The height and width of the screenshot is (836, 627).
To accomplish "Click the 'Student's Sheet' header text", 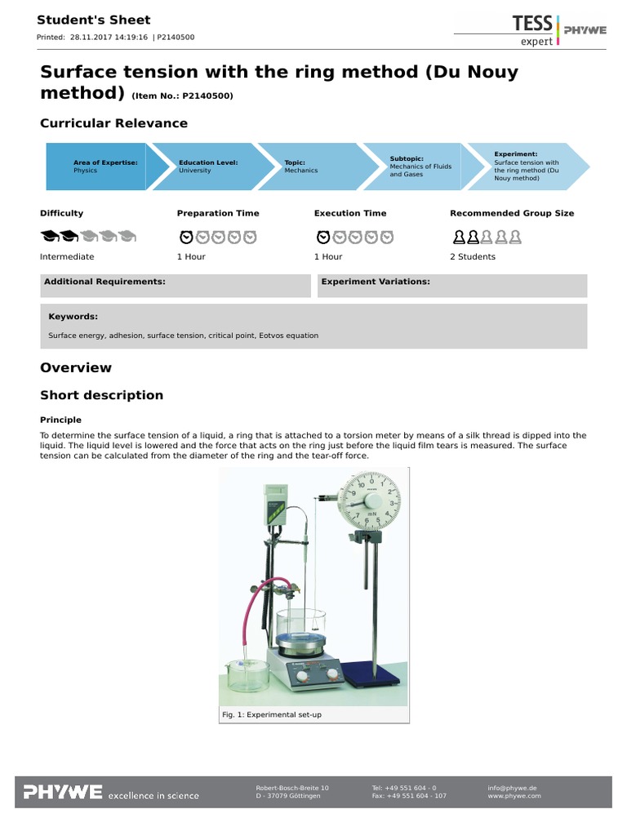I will [x=94, y=20].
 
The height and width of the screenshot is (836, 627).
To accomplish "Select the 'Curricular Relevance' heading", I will [x=113, y=123].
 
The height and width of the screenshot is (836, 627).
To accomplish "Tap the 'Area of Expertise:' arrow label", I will [x=105, y=162].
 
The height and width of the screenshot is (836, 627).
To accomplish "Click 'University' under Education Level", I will [x=195, y=171].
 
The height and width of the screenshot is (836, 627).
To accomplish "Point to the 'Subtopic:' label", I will [x=407, y=158].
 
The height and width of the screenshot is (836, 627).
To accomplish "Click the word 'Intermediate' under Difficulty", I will [x=67, y=256].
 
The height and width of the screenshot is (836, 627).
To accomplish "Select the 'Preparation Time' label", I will [x=218, y=213].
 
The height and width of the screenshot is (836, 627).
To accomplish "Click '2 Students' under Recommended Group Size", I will [x=473, y=256].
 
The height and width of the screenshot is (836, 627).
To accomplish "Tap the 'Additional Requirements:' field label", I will [x=104, y=282].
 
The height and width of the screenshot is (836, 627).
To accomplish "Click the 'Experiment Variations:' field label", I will [x=376, y=282].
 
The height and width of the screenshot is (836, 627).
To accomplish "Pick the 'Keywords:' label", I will [x=73, y=316].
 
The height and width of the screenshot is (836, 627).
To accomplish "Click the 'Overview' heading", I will [x=76, y=367].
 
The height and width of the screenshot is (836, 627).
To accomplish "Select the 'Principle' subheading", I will [x=62, y=420].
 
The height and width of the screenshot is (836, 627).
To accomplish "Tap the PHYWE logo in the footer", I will [x=62, y=792].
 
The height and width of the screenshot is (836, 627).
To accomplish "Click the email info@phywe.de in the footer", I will [x=512, y=788].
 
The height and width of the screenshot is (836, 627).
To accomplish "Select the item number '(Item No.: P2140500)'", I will [x=182, y=96].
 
